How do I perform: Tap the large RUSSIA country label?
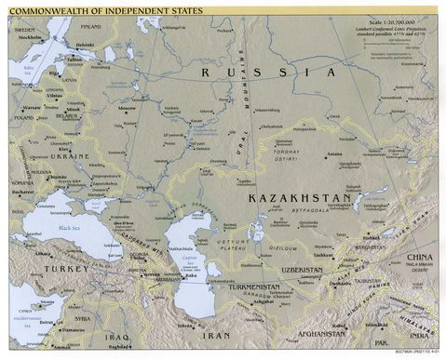(270, 72)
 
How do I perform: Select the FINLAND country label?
(92, 27)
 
